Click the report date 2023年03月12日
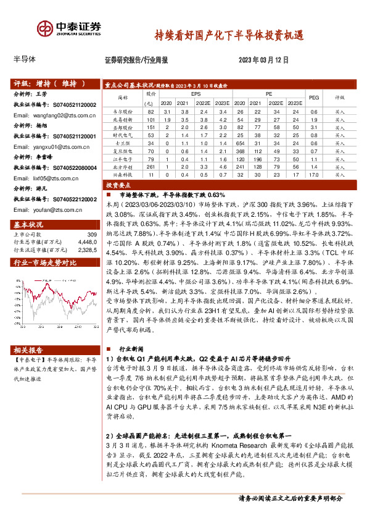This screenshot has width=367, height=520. [263, 60]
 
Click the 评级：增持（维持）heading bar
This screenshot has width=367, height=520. [54, 83]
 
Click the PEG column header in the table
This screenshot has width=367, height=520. [313, 97]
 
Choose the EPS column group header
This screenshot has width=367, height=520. [196, 93]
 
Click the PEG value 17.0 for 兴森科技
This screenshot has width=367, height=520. [313, 175]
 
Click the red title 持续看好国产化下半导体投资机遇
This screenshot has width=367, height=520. [228, 35]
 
